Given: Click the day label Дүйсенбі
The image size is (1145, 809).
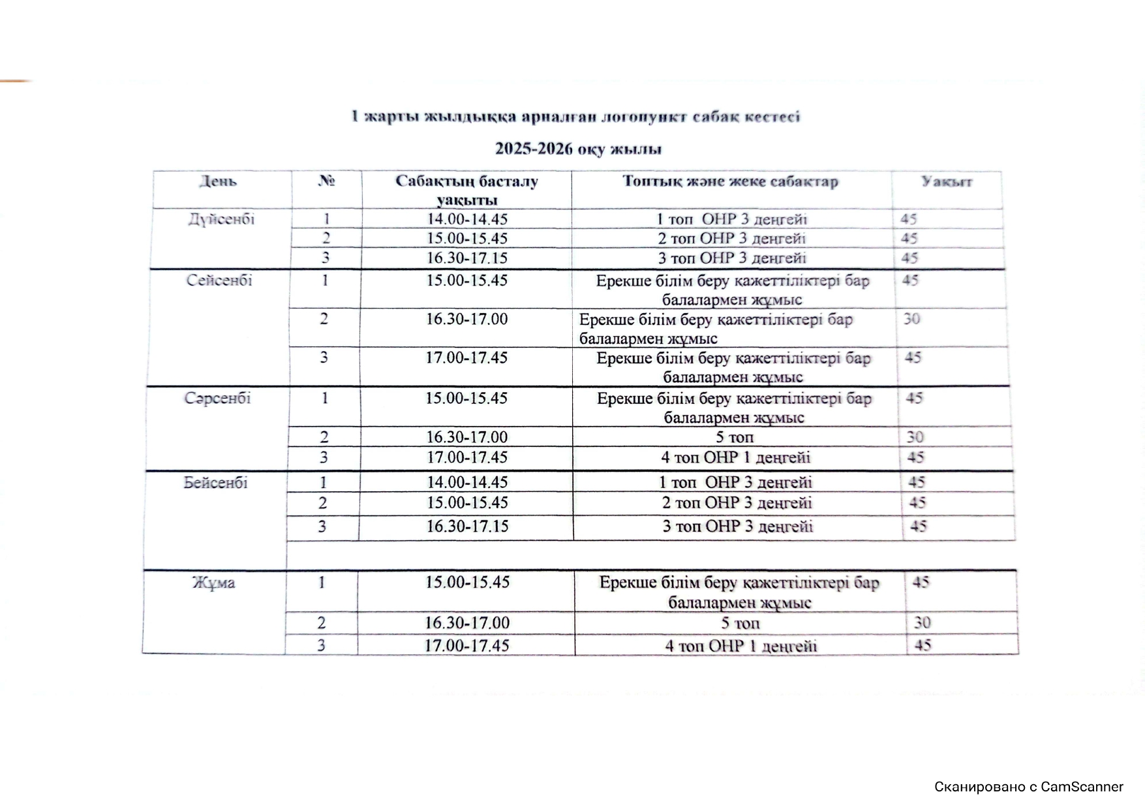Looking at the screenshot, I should pos(221,219).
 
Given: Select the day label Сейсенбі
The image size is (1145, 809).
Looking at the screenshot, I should pos(219,281).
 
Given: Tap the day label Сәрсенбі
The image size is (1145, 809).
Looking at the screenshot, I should pos(217,398).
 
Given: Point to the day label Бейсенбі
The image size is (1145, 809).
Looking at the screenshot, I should pos(215,483).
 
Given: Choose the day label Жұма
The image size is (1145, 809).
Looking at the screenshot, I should pos(213,583).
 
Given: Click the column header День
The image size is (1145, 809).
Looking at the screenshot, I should pos(218,181).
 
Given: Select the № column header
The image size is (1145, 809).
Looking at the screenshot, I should pos(326,181).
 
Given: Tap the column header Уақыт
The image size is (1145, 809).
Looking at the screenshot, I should pos(946,181).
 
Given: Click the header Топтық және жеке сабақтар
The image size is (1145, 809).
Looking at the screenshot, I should pos(730,181).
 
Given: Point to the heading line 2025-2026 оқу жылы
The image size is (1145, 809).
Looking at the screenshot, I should pos(578,149).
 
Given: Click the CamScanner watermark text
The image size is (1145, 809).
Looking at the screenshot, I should pos(1028,787).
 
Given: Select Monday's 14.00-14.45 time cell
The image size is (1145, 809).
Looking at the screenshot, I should pos(467,219).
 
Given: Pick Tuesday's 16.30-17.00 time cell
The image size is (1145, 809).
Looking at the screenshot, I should pos(466,320).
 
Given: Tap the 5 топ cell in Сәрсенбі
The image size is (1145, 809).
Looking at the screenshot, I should pos(735,437).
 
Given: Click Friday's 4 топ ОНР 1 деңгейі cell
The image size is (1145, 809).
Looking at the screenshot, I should pos(740,646).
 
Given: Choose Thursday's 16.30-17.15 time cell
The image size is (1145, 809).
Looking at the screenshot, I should pos(467,527).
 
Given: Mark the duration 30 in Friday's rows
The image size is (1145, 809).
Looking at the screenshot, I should pos(922,623).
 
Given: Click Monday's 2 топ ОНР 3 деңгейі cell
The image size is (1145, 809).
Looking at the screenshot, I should pos(731,239).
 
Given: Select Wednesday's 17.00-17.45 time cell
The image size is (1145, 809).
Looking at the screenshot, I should pos(467,457).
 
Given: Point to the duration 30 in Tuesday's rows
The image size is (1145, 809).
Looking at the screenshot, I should pos(911,320).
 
